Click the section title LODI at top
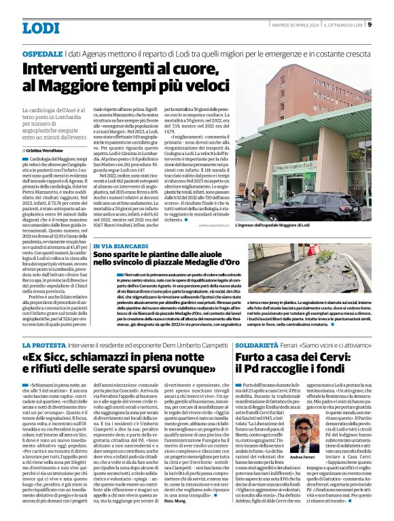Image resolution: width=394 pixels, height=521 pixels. [x=41, y=28]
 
